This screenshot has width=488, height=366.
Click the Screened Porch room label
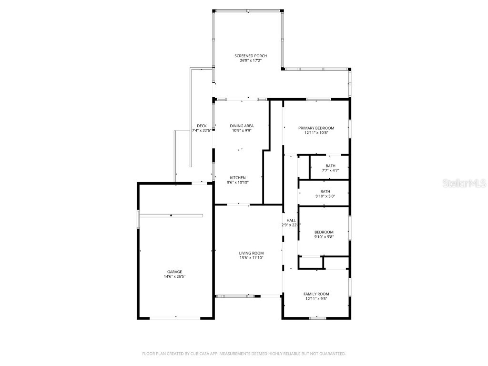tap(247, 56)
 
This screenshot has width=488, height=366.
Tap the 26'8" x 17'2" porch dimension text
tap(247, 61)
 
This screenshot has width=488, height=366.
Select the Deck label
tap(202, 126)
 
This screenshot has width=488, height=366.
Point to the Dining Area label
tap(242, 126)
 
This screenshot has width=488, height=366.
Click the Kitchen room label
tap(238, 178)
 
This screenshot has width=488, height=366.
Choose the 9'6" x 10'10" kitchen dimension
tap(238, 182)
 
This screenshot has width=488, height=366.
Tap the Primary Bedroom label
tap(316, 128)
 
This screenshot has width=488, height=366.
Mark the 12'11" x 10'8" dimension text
tap(316, 132)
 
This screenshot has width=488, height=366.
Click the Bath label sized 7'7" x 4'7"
tap(330, 166)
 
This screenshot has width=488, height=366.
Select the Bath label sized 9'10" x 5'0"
tap(325, 191)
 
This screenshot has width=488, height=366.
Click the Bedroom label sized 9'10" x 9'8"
tap(324, 232)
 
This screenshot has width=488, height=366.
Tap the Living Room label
tap(251, 253)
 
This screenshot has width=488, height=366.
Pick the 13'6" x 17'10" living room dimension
tap(251, 258)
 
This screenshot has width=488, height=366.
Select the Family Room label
tap(316, 294)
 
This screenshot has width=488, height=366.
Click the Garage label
tap(174, 272)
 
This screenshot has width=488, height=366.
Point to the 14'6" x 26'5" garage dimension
tap(174, 276)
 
